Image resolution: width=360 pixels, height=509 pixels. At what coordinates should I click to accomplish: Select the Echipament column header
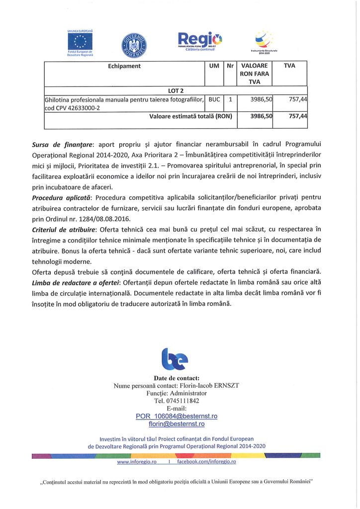pos(124,66)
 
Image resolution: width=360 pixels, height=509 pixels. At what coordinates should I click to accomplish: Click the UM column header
pos(214,66)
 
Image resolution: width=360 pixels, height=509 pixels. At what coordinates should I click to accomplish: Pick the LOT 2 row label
pos(176,90)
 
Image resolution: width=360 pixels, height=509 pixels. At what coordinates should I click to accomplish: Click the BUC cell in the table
pos(214,99)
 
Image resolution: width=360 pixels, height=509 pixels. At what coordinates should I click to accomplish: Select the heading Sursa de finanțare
pos(62,146)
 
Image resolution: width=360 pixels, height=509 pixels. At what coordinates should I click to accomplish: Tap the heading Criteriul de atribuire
pos(64,230)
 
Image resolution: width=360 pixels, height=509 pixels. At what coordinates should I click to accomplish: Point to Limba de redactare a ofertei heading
pos(77,282)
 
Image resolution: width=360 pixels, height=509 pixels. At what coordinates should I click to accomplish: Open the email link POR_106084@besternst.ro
pos(177,416)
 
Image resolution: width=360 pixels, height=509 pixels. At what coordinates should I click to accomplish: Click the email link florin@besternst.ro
pos(177,424)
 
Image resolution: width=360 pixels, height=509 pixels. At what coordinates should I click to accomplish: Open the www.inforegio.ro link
pos(137,462)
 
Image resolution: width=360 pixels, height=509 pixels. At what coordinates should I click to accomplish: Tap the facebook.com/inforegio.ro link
pos(206,462)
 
